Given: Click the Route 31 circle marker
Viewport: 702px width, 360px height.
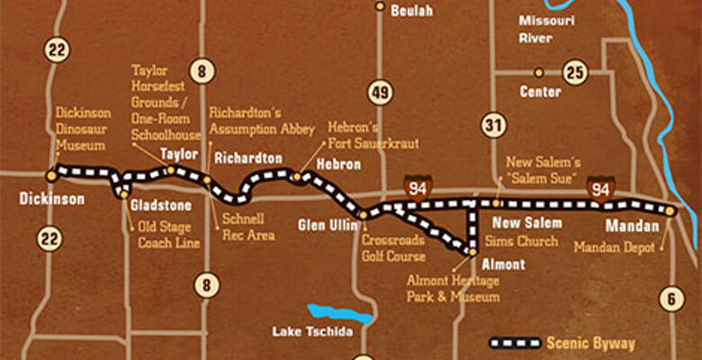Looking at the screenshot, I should point(491,125).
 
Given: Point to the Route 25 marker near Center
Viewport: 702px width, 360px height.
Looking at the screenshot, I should point(573,71).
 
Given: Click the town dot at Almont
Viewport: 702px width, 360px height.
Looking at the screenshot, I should point(471,253).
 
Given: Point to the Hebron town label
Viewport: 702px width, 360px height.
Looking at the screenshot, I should point(338,165).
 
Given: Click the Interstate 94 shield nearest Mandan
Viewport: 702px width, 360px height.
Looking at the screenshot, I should point(601,188).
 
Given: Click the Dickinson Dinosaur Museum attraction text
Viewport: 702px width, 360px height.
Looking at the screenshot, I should point(83,129).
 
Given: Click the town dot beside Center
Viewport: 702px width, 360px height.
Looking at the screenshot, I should point(538,72).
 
